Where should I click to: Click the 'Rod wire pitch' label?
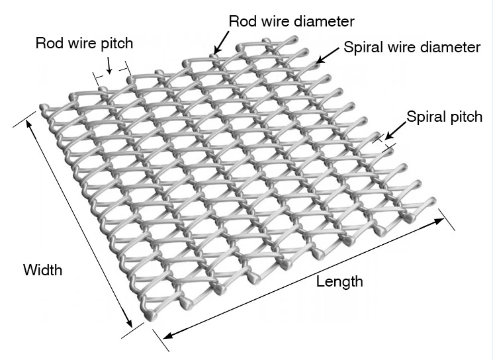pyautogui.click(x=84, y=44)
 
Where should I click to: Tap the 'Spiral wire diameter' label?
pyautogui.click(x=412, y=48)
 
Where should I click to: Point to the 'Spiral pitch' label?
pyautogui.click(x=444, y=117)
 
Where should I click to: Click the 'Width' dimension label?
pyautogui.click(x=42, y=270)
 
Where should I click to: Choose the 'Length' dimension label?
pyautogui.click(x=339, y=281)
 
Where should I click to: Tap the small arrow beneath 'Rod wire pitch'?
pyautogui.click(x=109, y=64)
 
